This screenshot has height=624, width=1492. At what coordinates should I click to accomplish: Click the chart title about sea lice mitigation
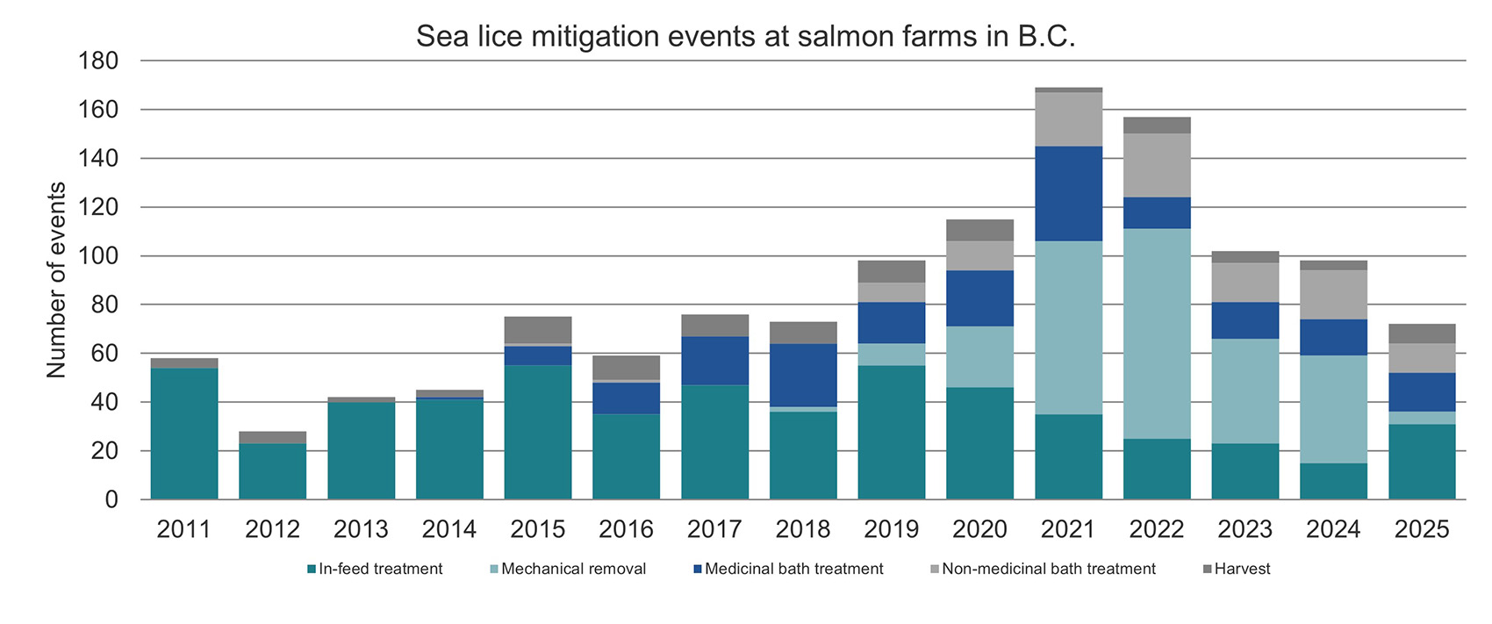745,36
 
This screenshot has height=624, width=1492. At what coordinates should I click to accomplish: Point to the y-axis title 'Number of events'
56,280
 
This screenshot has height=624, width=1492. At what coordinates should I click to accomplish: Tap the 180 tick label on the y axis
97,61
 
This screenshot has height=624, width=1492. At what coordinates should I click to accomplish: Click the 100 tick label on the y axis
97,256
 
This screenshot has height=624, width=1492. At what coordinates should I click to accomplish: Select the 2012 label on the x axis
272,529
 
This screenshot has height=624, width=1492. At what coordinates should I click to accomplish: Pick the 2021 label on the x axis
1068,529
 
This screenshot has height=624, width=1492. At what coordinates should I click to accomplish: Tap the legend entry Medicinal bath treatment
787,569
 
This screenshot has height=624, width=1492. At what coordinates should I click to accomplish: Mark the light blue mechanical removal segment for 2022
1157,334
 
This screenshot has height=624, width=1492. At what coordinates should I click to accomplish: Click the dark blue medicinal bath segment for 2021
1068,193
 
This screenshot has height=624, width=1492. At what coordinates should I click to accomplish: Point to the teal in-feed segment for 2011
184,434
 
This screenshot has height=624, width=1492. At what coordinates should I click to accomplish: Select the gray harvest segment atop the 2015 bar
538,329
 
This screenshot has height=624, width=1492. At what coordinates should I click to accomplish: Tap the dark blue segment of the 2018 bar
803,375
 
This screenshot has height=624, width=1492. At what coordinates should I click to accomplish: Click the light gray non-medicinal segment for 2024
1333,294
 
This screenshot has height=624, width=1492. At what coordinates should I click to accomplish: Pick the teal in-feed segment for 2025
1422,462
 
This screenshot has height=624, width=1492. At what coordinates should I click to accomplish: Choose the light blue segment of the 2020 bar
979,356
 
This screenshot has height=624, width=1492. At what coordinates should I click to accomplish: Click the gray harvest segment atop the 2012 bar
272,437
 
